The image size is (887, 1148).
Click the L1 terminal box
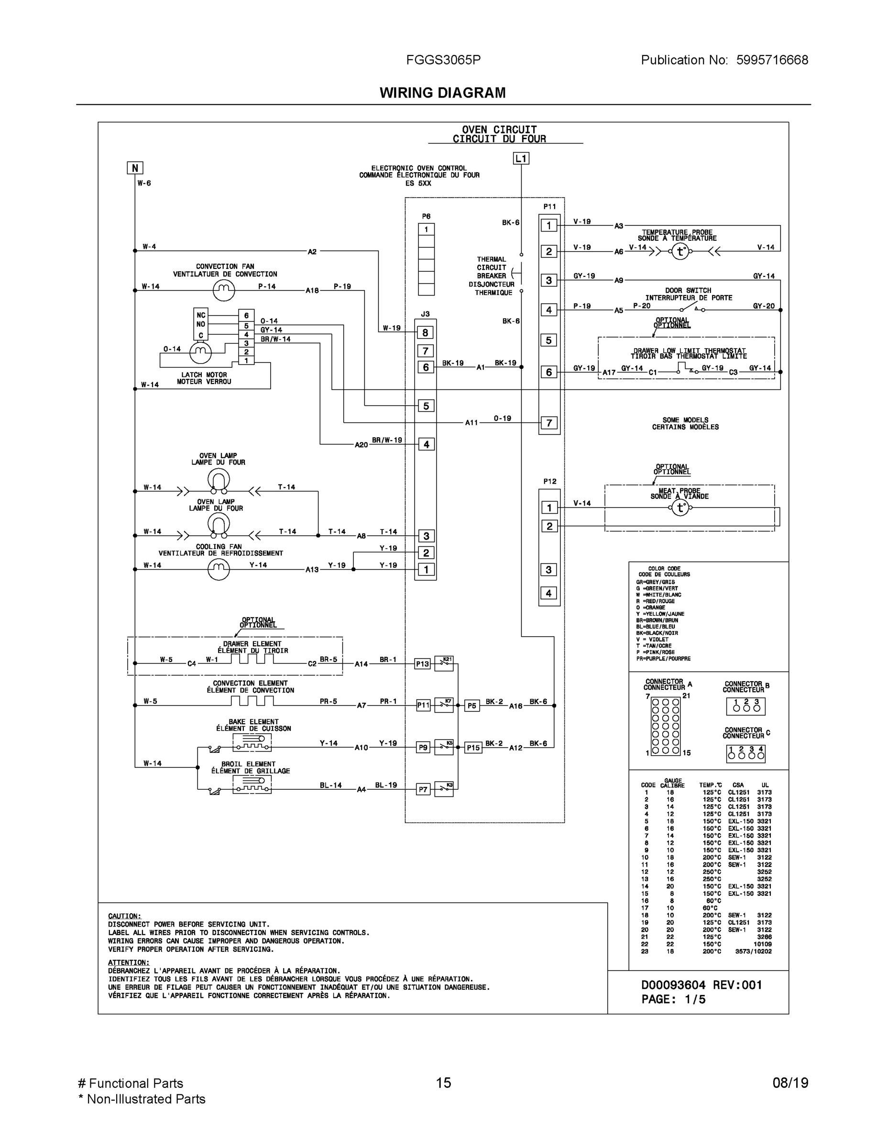521,158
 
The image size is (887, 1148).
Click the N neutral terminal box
135,168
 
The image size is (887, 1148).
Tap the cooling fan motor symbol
219,569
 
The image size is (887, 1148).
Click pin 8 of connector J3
426,333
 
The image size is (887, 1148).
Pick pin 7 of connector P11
549,423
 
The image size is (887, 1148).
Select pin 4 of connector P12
549,594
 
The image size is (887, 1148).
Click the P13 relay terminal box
423,664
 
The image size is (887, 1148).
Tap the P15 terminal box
473,748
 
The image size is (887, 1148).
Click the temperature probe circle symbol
680,252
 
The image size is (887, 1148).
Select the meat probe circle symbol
680,508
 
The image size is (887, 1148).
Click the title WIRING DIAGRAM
442,93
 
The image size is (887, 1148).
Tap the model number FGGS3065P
443,60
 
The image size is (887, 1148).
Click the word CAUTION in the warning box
124,916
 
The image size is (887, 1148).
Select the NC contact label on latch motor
201,315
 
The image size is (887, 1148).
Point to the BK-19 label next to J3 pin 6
452,363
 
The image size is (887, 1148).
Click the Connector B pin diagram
745,706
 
